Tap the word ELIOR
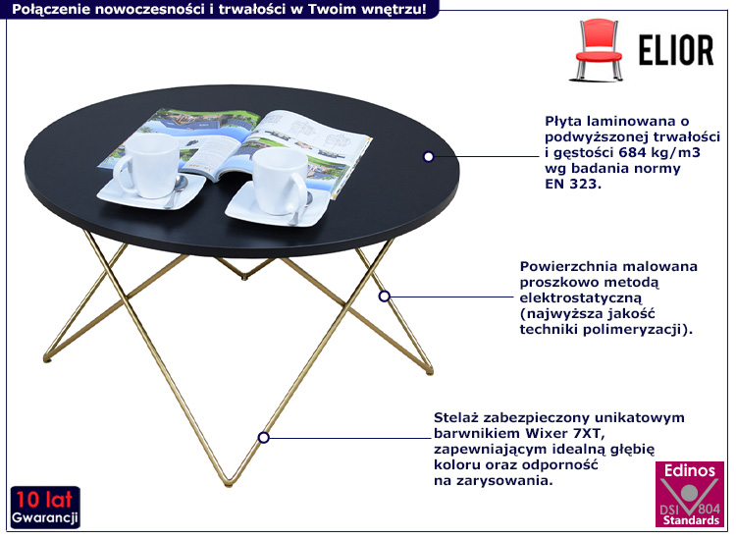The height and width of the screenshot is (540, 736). click(x=676, y=50)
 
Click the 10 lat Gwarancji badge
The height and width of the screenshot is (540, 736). click(x=45, y=508)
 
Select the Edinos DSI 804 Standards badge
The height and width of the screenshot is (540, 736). click(x=690, y=494)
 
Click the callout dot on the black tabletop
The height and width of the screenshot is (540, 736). click(x=428, y=157)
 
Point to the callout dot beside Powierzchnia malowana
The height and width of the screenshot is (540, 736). click(x=385, y=297)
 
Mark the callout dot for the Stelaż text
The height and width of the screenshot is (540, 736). click(x=263, y=438)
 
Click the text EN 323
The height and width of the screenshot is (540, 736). click(x=573, y=184)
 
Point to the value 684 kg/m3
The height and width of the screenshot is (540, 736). click(x=659, y=152)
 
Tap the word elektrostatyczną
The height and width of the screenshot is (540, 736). click(x=581, y=298)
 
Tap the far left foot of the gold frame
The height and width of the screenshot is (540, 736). click(x=47, y=359)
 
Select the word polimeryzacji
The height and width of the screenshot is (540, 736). click(x=631, y=330)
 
